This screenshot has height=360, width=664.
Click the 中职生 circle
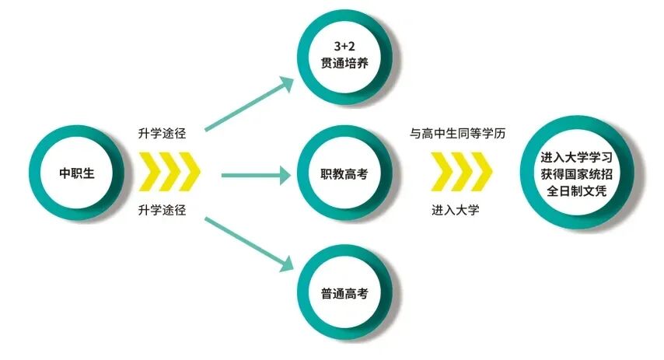pyautogui.click(x=76, y=173)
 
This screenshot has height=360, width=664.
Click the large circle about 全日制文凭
pyautogui.click(x=576, y=172)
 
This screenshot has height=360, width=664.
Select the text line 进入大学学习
pyautogui.click(x=576, y=156)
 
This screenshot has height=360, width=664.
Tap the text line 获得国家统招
pyautogui.click(x=576, y=172)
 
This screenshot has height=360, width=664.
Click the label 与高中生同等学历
pyautogui.click(x=458, y=133)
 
